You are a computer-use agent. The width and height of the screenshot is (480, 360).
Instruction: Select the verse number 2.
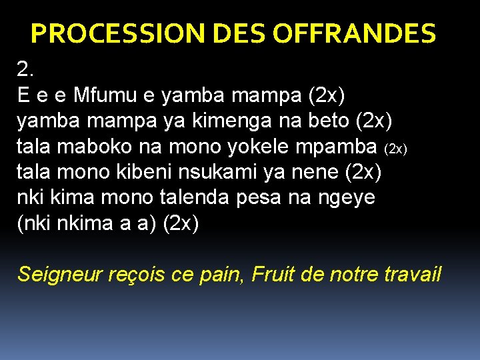tap(25, 69)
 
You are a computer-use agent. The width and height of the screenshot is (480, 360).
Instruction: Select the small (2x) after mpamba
tap(397, 148)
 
